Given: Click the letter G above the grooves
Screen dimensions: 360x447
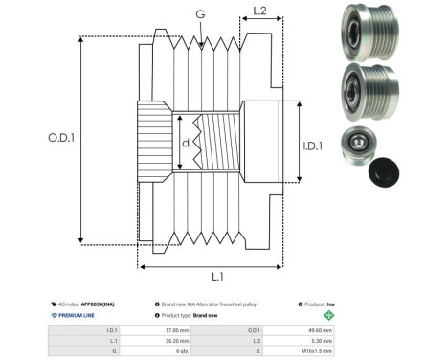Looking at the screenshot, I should [x=199, y=14].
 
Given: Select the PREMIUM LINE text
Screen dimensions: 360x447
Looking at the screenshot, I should [x=78, y=314].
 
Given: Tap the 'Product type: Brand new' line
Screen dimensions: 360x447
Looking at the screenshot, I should [x=201, y=314].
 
